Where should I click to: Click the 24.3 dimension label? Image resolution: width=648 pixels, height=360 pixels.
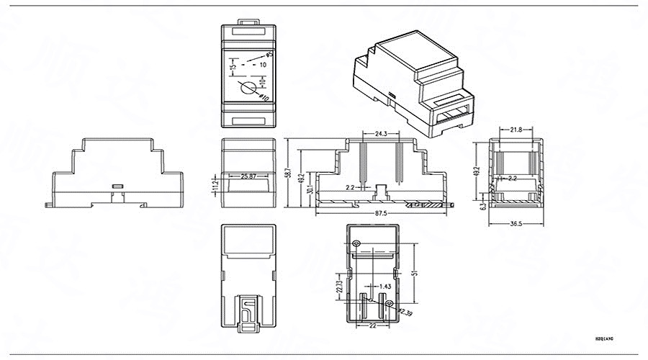click(382, 134)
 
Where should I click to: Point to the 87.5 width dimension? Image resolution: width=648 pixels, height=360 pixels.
click(382, 214)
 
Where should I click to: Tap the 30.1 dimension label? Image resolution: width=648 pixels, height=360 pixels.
click(310, 190)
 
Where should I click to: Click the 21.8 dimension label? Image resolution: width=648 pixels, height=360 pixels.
click(516, 130)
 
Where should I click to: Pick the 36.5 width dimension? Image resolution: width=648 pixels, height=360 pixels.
click(516, 224)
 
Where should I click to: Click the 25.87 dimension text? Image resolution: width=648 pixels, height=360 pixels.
click(249, 176)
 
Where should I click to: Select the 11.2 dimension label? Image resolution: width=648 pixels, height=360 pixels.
click(214, 186)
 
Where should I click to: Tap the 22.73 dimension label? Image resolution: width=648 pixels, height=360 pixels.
click(339, 287)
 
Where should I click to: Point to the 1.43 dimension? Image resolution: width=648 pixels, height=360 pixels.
click(384, 287)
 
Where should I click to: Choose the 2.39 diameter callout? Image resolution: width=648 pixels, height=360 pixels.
click(406, 312)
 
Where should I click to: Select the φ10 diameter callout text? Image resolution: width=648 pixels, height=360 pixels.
click(264, 96)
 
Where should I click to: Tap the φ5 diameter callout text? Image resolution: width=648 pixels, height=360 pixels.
click(269, 53)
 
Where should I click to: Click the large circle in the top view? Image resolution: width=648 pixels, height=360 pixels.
click(247, 89)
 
